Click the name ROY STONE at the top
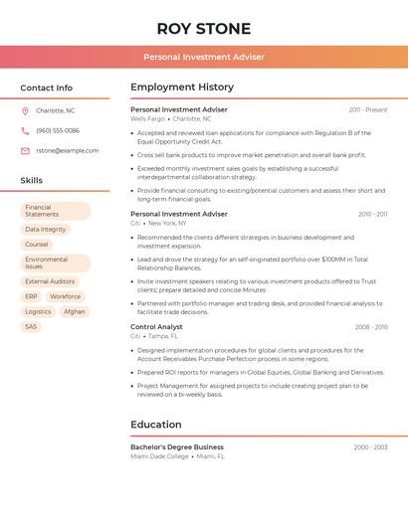204,28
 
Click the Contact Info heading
46,88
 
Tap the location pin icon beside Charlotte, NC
25,110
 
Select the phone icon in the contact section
25,130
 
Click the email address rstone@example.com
68,150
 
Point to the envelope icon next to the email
25,150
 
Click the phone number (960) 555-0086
58,130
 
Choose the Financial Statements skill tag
56,211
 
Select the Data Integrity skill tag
46,230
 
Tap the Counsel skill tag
37,245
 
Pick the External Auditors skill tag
50,281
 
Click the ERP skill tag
32,296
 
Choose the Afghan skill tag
75,311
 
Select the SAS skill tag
32,326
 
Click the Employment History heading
182,88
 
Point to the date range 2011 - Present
368,109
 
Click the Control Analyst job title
156,326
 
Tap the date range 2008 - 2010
371,326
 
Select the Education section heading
156,425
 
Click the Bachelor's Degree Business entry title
177,447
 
